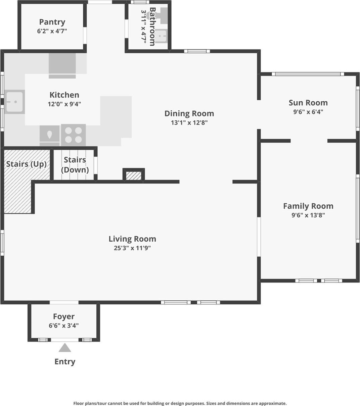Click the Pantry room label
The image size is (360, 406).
point(52,22)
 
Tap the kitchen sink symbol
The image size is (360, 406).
point(14,102)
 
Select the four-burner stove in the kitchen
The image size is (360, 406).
point(73,135)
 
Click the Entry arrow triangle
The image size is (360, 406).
point(65,348)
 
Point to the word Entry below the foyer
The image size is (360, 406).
point(65,362)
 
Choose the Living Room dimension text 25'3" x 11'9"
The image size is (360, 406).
point(132,248)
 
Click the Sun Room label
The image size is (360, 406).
point(308,103)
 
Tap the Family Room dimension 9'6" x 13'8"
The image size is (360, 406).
point(308,215)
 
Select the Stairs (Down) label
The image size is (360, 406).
point(75,164)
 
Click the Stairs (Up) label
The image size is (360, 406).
point(26,164)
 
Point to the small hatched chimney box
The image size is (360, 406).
point(133,175)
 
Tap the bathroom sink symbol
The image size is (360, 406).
point(162,36)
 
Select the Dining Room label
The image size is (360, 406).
point(189,113)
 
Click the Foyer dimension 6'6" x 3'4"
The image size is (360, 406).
point(64,325)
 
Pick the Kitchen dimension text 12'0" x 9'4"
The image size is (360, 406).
point(64,104)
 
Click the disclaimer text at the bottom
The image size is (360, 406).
point(180,403)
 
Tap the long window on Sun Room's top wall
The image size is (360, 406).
point(308,74)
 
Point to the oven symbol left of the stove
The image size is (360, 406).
point(50,135)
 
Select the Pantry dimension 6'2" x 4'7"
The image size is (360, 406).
point(52,31)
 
